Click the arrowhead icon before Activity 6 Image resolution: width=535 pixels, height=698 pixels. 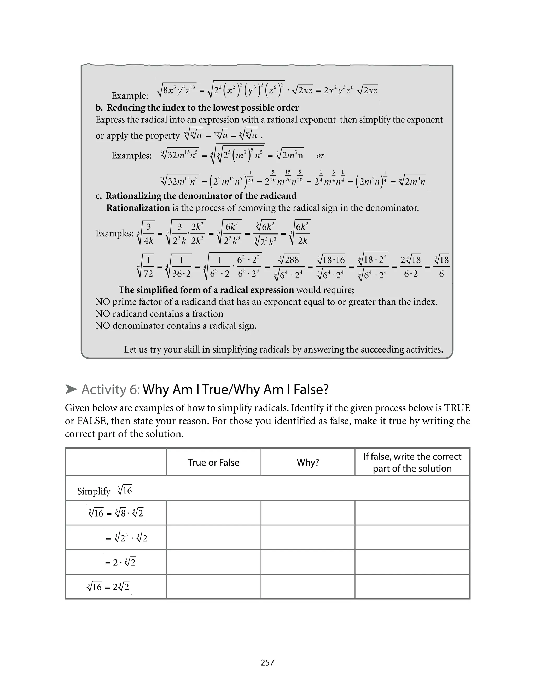(71, 389)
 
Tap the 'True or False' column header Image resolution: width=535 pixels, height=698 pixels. (213, 462)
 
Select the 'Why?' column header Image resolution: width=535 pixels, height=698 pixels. (308, 462)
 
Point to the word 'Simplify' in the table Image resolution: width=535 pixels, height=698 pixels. (94, 491)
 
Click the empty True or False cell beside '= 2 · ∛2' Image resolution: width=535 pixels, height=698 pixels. (213, 562)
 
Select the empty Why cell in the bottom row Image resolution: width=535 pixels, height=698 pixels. (308, 586)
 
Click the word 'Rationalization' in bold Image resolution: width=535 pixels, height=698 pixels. (138, 208)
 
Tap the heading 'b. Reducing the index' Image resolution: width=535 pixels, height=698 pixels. (197, 108)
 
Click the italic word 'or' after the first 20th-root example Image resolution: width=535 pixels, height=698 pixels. (320, 156)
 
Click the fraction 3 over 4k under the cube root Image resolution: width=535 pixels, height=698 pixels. (148, 234)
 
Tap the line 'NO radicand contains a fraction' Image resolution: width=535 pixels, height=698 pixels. (159, 314)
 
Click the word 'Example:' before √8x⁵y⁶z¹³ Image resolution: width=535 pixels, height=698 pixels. (130, 96)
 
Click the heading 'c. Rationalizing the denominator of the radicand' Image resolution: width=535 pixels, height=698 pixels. (196, 196)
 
